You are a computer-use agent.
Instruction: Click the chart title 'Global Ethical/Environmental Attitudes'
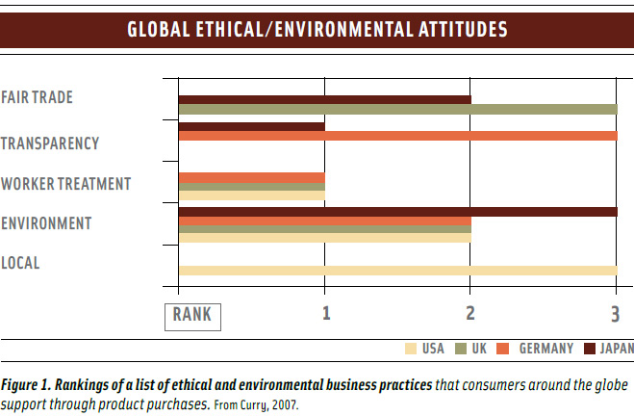click(x=317, y=29)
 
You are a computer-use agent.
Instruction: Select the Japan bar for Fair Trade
click(x=324, y=99)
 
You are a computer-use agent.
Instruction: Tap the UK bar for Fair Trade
click(x=397, y=109)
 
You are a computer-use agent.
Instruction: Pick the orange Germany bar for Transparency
click(x=397, y=136)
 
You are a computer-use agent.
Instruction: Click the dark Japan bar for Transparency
click(x=251, y=126)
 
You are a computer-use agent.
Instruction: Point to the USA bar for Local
click(x=397, y=270)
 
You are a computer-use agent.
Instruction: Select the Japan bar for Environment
click(x=397, y=211)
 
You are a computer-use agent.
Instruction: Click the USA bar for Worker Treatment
click(x=251, y=195)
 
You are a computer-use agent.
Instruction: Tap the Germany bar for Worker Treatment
click(x=251, y=177)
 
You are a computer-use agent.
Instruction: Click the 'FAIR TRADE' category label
click(x=38, y=97)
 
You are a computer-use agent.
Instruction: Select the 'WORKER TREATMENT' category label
click(x=65, y=183)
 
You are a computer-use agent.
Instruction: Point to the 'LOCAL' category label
click(x=21, y=262)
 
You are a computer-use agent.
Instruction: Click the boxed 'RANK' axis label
click(x=192, y=314)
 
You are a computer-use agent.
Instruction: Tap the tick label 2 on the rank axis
click(x=470, y=313)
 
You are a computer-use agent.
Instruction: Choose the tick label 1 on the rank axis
click(x=326, y=313)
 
